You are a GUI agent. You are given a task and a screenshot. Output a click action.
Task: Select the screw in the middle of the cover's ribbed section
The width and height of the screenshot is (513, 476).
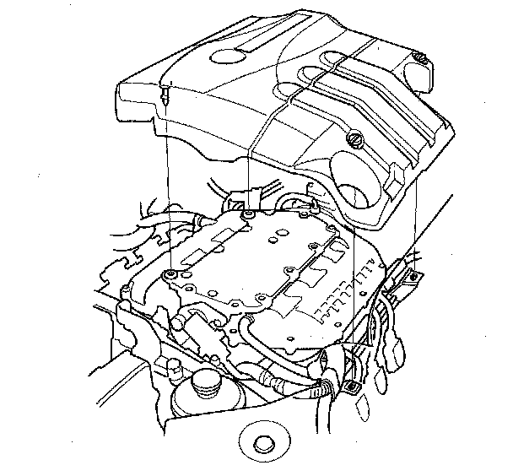(x=354, y=140)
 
